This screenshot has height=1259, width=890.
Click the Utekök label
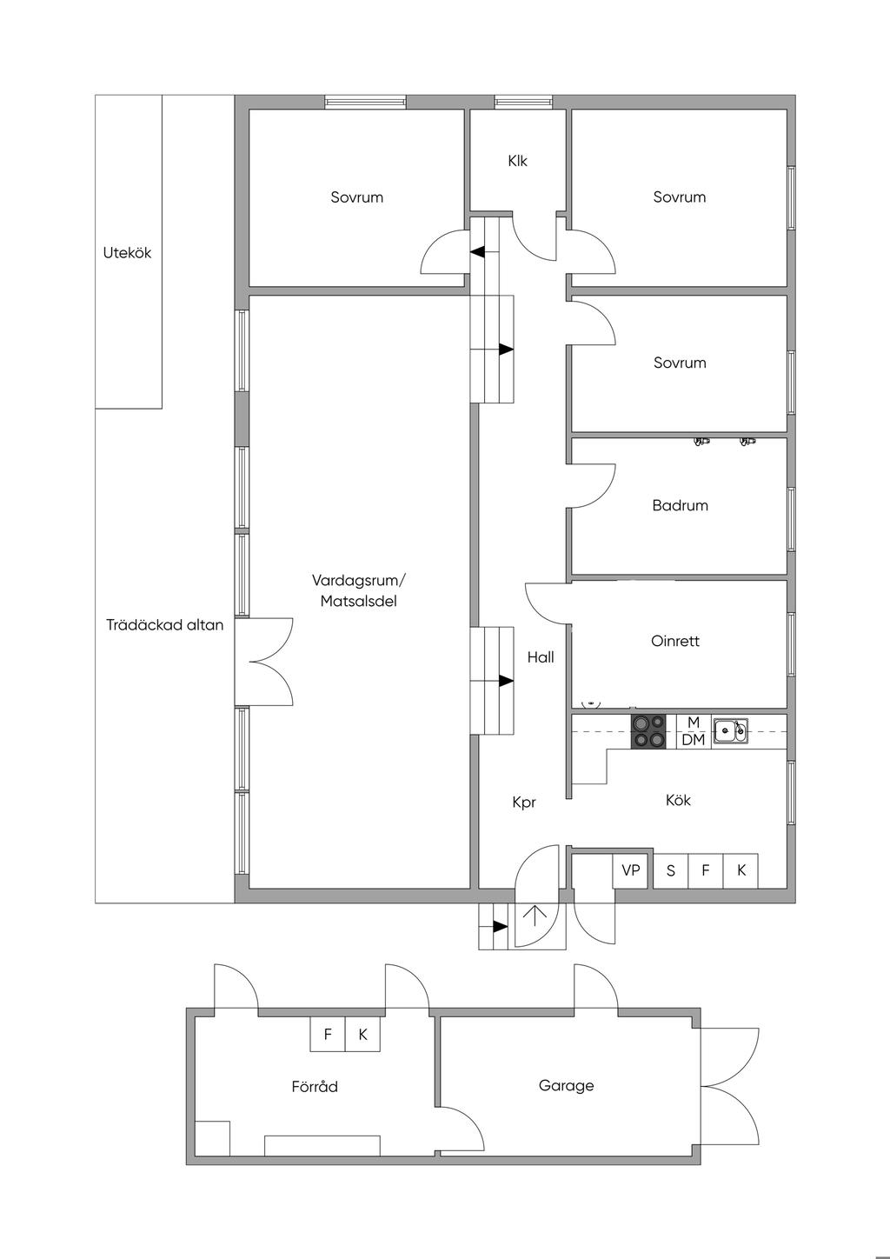(127, 253)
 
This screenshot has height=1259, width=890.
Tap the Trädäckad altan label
(164, 624)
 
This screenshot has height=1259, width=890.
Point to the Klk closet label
(517, 161)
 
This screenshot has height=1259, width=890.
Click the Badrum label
(680, 505)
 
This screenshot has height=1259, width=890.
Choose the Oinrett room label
(674, 641)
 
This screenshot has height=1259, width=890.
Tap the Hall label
(541, 657)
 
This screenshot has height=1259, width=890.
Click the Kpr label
(524, 803)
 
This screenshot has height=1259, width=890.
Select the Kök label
(678, 800)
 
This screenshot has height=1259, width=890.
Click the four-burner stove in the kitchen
(648, 731)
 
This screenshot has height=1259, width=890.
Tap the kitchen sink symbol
(730, 730)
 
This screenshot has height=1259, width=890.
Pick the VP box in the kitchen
(631, 870)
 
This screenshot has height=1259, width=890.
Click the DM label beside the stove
(694, 740)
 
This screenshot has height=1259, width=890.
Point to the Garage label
(566, 1085)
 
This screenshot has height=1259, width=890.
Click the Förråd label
(315, 1086)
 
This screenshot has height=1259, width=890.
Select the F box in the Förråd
(328, 1035)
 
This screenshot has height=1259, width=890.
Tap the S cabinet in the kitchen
(670, 870)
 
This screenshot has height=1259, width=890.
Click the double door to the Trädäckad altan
(265, 661)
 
